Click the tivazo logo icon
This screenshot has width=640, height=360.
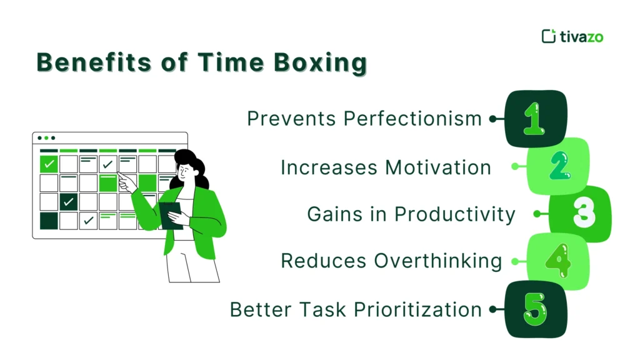pyautogui.click(x=548, y=36)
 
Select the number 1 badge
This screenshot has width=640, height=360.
pyautogui.click(x=534, y=119)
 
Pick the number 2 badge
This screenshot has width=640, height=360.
pyautogui.click(x=558, y=166)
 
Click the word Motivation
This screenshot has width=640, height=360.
pyautogui.click(x=438, y=167)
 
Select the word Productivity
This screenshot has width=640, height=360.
pyautogui.click(x=455, y=214)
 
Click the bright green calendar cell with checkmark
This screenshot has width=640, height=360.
pyautogui.click(x=49, y=164)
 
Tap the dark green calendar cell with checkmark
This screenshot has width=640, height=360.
pyautogui.click(x=69, y=202)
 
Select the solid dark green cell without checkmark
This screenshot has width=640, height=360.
pyautogui.click(x=49, y=221)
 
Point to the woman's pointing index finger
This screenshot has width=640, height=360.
pyautogui.click(x=121, y=177)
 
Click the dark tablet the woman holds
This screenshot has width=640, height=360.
pyautogui.click(x=169, y=212)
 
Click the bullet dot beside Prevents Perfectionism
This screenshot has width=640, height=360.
pyautogui.click(x=492, y=119)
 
